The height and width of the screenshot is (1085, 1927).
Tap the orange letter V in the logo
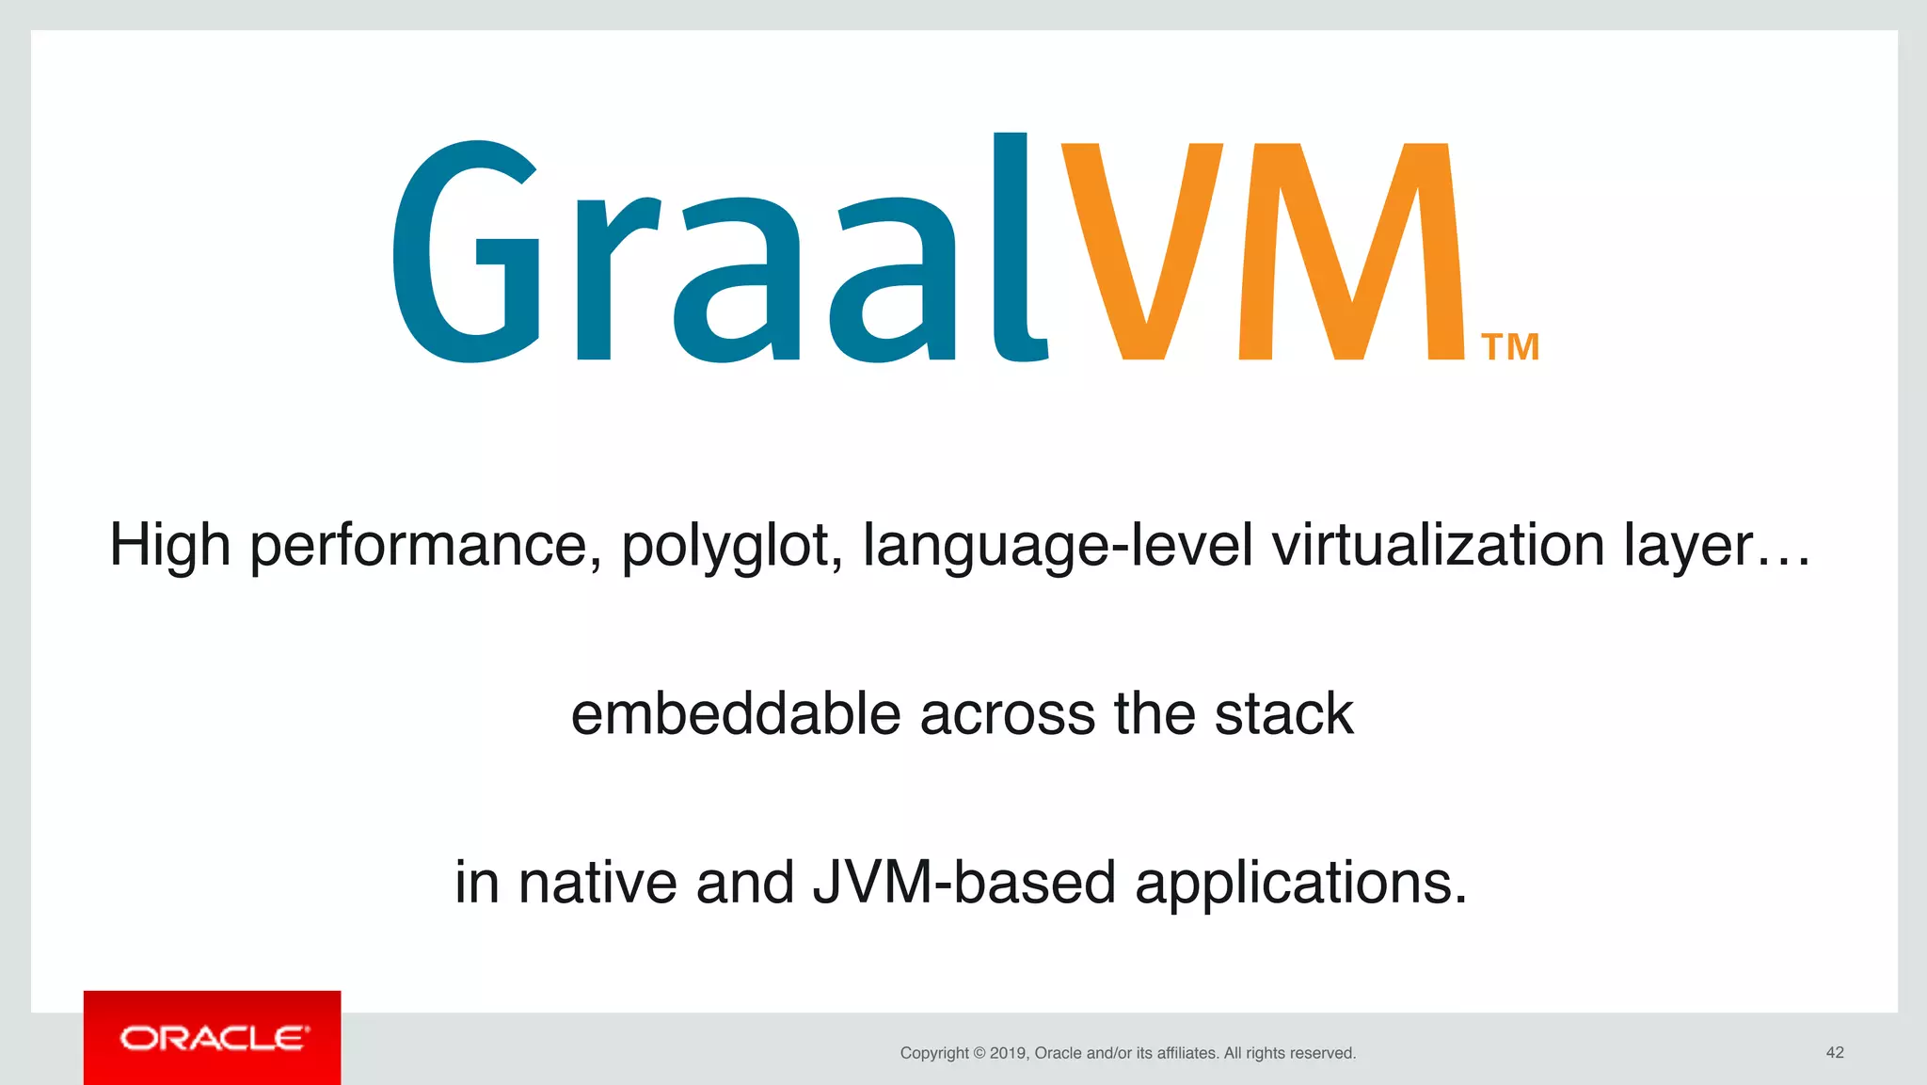coord(1141,252)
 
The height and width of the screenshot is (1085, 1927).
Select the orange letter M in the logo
coord(1352,252)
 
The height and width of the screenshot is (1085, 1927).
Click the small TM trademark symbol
coord(1509,347)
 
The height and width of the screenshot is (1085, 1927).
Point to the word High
coord(170,546)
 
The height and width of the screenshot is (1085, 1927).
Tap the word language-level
coord(1058,546)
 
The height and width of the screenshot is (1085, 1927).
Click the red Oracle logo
coord(213,1038)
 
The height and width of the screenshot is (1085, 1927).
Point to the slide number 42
coord(1834,1052)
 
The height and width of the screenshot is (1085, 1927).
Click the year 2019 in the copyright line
coord(1008,1053)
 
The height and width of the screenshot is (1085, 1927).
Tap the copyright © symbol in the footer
coord(979,1053)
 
